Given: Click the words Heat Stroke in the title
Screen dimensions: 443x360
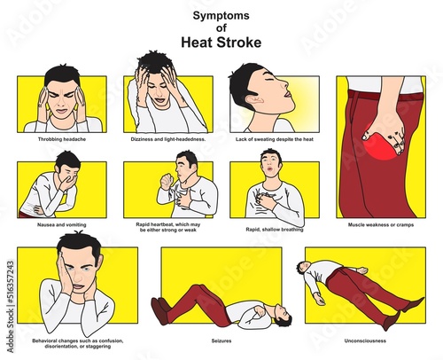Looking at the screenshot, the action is point(221,43).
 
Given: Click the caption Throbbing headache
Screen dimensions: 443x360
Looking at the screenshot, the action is point(62,139).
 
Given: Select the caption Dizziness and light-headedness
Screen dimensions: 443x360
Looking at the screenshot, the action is point(168,139).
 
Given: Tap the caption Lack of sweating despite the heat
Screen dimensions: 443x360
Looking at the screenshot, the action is point(275,139).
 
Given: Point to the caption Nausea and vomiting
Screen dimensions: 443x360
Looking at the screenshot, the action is point(62,225).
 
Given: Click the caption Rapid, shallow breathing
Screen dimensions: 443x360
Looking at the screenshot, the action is point(275,230).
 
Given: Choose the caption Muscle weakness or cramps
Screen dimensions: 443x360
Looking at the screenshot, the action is point(381,225).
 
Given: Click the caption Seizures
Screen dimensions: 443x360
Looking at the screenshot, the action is point(221,340).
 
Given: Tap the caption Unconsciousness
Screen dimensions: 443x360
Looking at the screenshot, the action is point(365,340).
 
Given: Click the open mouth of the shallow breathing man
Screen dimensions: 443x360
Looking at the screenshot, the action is point(269,169).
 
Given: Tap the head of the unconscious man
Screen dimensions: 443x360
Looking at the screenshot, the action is point(302,267).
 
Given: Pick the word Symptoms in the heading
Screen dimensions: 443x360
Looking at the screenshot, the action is point(221,15).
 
